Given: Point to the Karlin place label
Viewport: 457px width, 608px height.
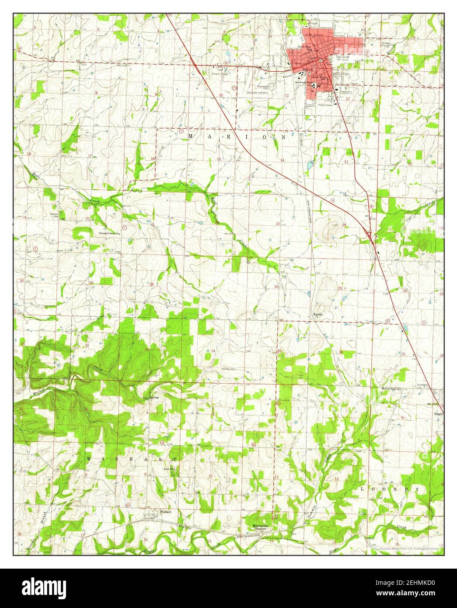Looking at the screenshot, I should coord(318,314).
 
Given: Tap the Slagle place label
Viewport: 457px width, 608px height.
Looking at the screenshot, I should coord(438,413).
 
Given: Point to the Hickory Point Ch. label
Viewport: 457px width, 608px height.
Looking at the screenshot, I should coord(391,388).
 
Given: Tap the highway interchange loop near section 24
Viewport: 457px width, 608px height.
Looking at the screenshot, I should coord(371,237).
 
